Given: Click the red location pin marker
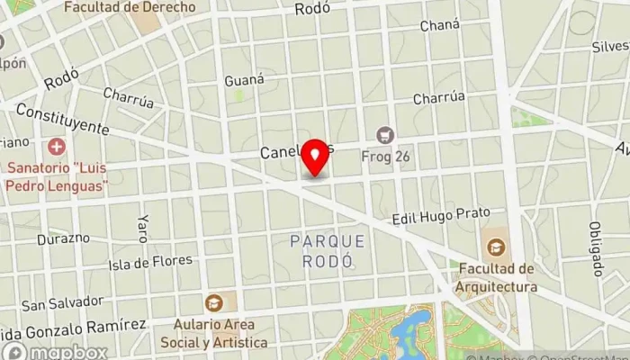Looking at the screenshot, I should click(x=314, y=157).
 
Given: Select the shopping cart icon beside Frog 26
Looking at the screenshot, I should click(x=386, y=135).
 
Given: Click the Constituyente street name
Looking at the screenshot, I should click(x=61, y=119).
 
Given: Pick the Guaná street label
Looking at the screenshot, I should click(x=244, y=79).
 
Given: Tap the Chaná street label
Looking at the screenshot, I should click(x=439, y=25).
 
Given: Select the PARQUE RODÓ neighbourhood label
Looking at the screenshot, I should click(x=328, y=251).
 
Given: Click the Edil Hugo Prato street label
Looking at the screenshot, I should click(x=441, y=216).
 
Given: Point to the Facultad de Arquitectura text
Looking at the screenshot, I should click(x=496, y=278).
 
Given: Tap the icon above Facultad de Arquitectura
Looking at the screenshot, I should click(x=494, y=246).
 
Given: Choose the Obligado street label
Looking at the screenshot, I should click(x=595, y=247).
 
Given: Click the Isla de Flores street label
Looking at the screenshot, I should click(x=150, y=263).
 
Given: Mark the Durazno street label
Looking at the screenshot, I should click(x=63, y=238).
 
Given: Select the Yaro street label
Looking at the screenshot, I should click(x=141, y=229).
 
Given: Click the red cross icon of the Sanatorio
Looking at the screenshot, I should click(x=57, y=146).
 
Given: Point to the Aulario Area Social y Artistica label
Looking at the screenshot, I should click(x=213, y=334).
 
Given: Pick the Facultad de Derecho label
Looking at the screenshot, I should click(x=130, y=7).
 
